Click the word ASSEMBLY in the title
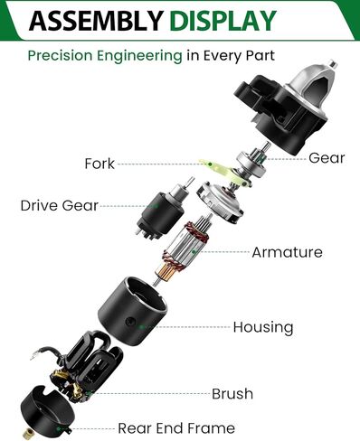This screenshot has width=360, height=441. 96,21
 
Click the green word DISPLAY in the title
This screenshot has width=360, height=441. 223,21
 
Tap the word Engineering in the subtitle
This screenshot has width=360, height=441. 139,56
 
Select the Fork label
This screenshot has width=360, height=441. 99,164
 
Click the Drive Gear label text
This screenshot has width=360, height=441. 60,206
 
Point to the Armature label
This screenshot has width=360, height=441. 287,252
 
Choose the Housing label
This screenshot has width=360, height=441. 263,327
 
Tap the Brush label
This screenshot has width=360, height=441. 232,394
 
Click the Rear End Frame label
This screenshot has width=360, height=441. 176,428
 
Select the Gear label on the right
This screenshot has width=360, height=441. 327,158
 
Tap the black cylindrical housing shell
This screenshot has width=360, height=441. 132,311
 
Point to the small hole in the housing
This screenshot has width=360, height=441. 130,321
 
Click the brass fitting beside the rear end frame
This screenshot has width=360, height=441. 28,434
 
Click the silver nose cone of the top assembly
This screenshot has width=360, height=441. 309,88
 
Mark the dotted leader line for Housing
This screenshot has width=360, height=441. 187,327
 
